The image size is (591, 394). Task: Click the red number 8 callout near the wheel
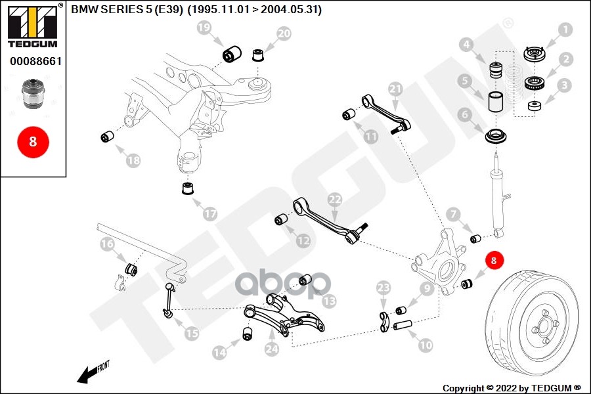(x=494, y=261)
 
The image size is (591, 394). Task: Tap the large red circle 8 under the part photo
(x=33, y=141)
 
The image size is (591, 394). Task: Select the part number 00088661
(x=33, y=61)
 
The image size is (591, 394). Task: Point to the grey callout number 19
(x=204, y=28)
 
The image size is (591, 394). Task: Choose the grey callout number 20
(x=284, y=33)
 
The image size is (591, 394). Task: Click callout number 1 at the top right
(x=565, y=30)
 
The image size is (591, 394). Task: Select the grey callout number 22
(x=335, y=199)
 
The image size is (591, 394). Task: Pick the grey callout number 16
(x=107, y=245)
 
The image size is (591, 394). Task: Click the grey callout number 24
(x=272, y=350)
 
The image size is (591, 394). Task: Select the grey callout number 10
(x=426, y=344)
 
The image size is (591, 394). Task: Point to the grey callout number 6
(x=465, y=115)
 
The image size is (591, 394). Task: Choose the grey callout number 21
(x=395, y=89)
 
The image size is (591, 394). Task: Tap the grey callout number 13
(x=328, y=301)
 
